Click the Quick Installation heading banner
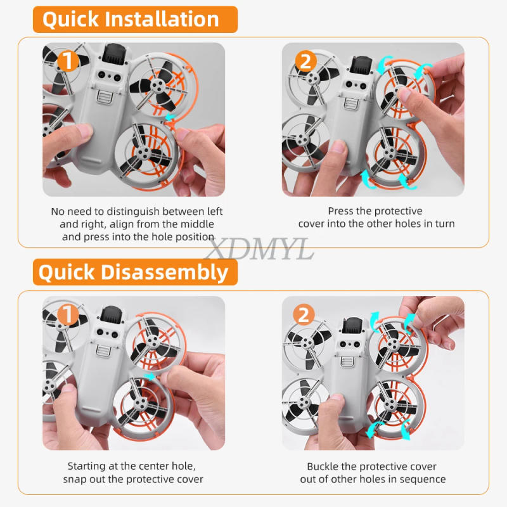pos(131,19)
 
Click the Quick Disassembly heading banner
pos(133,272)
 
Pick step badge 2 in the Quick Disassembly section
pos(304,315)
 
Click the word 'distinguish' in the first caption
pos(126,211)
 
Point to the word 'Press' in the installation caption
pos(342,211)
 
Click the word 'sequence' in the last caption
pos(421,479)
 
